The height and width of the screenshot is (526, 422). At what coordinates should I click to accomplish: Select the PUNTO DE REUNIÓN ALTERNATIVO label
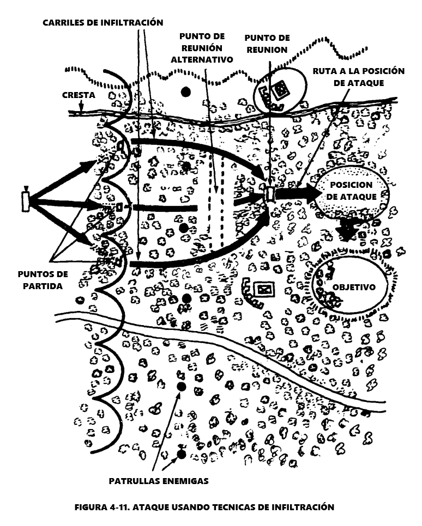pos(202,47)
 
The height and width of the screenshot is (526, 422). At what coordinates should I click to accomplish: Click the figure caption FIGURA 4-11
pos(204,507)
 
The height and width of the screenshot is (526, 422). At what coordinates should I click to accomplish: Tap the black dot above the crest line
pos(186,91)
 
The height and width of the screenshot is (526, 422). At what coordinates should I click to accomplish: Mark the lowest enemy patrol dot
pos(182,453)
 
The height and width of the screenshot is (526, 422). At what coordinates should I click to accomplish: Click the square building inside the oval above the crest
pos(282,90)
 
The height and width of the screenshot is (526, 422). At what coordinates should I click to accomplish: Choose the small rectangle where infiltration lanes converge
pos(270,193)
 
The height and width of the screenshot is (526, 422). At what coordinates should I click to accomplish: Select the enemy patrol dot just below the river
pos(182,387)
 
